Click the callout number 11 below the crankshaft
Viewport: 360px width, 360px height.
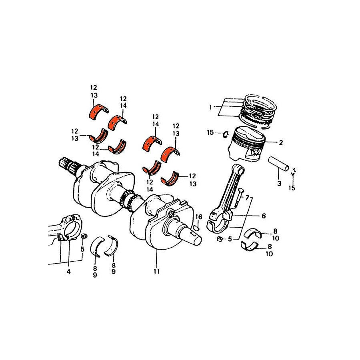[x=156, y=271]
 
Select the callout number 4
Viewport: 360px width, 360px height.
[x=68, y=272]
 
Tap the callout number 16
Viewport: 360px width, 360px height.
[x=198, y=217]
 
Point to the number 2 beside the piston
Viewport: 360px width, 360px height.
[x=281, y=142]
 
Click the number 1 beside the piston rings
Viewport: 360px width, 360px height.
[x=210, y=107]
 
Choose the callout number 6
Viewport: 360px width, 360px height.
[x=264, y=216]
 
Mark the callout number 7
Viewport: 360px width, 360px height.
[x=247, y=198]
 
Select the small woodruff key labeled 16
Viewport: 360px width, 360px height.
[x=196, y=228]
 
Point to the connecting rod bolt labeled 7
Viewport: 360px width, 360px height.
[x=238, y=197]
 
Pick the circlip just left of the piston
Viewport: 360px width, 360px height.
[x=225, y=134]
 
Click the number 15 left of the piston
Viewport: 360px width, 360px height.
[x=210, y=132]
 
